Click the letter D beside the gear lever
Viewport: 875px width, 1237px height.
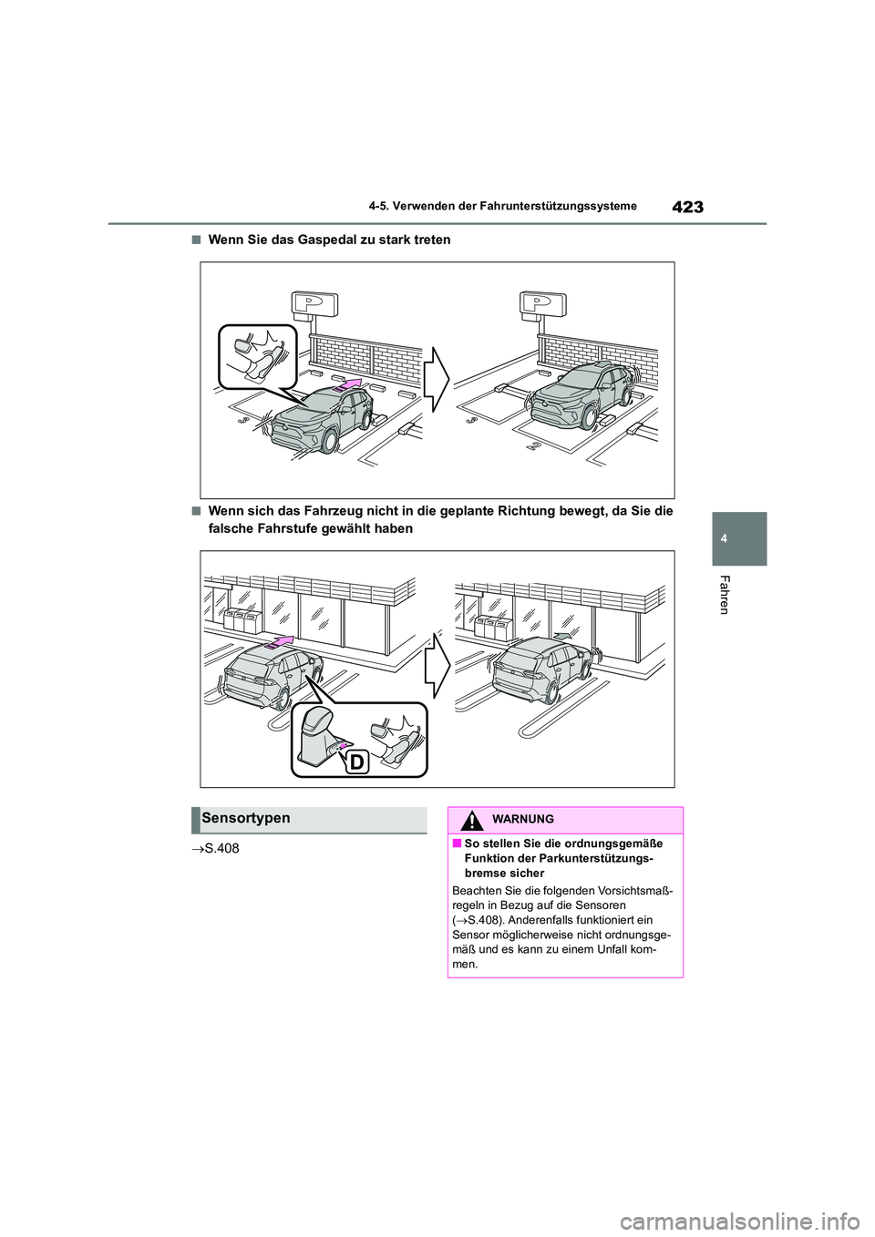(355, 762)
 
